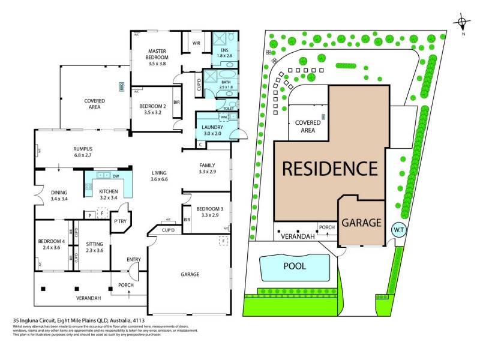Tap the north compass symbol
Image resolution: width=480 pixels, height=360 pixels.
pyautogui.click(x=461, y=24)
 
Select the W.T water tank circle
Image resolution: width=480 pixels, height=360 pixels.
pyautogui.click(x=397, y=230)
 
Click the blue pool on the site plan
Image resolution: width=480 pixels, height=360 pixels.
pyautogui.click(x=295, y=266)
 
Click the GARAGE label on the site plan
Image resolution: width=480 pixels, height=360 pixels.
pyautogui.click(x=361, y=223)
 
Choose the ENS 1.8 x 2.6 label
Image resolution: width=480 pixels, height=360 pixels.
pyautogui.click(x=224, y=53)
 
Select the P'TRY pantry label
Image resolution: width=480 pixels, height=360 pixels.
pyautogui.click(x=121, y=221)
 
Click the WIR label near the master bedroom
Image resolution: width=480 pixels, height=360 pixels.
pyautogui.click(x=196, y=43)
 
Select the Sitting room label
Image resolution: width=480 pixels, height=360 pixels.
pyautogui.click(x=95, y=247)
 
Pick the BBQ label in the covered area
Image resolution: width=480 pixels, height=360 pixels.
pyautogui.click(x=121, y=86)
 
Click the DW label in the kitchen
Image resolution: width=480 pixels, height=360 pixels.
pyautogui.click(x=115, y=176)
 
